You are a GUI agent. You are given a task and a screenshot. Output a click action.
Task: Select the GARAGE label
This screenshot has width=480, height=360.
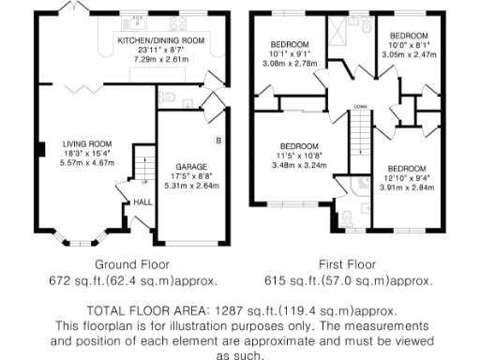pyautogui.click(x=191, y=166)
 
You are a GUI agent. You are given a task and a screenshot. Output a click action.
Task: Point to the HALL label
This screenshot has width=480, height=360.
pyautogui.click(x=143, y=200)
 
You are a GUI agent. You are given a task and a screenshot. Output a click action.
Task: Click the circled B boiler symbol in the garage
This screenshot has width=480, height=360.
pyautogui.click(x=218, y=140)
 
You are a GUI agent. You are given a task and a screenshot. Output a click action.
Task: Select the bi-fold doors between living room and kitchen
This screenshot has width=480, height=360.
pyautogui.click(x=89, y=83)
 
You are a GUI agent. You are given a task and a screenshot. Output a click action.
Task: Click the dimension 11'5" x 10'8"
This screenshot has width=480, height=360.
pyautogui.click(x=298, y=156)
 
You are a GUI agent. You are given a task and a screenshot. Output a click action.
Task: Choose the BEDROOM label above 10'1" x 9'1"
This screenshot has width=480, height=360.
pyautogui.click(x=290, y=45)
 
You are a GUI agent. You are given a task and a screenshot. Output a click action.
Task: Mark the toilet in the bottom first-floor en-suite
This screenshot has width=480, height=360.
pyautogui.click(x=347, y=219)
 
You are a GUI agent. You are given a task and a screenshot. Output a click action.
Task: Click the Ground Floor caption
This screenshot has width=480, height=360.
pyautogui.click(x=134, y=264)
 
